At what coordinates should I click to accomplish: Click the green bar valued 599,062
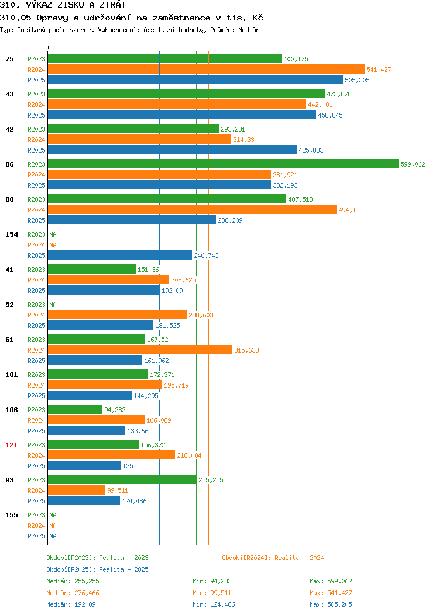pyautogui.click(x=223, y=164)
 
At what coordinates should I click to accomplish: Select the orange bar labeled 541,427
pyautogui.click(x=206, y=70)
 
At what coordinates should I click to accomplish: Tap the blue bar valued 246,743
pyautogui.click(x=120, y=255)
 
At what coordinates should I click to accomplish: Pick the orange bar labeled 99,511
pyautogui.click(x=77, y=490)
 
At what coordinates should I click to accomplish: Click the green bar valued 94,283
pyautogui.click(x=75, y=409)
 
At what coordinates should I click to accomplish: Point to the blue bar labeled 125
pyautogui.click(x=84, y=465)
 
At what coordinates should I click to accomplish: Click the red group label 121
pyautogui.click(x=11, y=445)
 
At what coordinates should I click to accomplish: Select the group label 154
pyautogui.click(x=11, y=234)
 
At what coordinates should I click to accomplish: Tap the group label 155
pyautogui.click(x=11, y=515)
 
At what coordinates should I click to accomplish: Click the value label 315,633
pyautogui.click(x=246, y=350)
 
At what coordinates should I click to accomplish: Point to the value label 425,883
pyautogui.click(x=311, y=150)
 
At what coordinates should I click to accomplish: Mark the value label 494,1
pyautogui.click(x=347, y=210)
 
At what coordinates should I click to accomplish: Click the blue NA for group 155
pyautogui.click(x=53, y=536)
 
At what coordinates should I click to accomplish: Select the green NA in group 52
pyautogui.click(x=53, y=305)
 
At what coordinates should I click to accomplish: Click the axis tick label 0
pyautogui.click(x=47, y=47)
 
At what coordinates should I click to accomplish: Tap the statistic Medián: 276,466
pyautogui.click(x=73, y=593)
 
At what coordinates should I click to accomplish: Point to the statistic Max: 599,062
pyautogui.click(x=331, y=581)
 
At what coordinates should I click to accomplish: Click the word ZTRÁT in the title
pyautogui.click(x=113, y=5)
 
